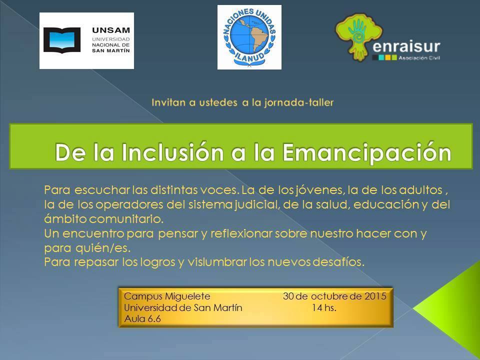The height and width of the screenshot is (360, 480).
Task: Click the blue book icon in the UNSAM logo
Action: pos(62,40)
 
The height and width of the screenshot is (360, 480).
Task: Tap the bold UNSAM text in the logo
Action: pos(111,30)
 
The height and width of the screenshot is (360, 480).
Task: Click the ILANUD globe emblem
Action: pos(249,37)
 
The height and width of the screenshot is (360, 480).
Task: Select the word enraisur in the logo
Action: pos(406,47)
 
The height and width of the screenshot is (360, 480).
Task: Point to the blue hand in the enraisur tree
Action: pos(357,30)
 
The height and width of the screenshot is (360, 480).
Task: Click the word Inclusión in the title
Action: pos(172,152)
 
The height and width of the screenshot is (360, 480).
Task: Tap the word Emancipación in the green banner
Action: pos(366,152)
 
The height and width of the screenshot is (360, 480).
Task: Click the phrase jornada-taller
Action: pos(299,102)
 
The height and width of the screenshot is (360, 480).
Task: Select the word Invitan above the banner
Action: pos(168,102)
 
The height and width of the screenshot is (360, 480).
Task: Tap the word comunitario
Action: pos(126,219)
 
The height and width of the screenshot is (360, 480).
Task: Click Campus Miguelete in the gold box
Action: pos(167,296)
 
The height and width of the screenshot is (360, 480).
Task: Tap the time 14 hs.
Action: pos(324,307)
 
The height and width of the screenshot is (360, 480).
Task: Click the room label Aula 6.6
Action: pos(142,319)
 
